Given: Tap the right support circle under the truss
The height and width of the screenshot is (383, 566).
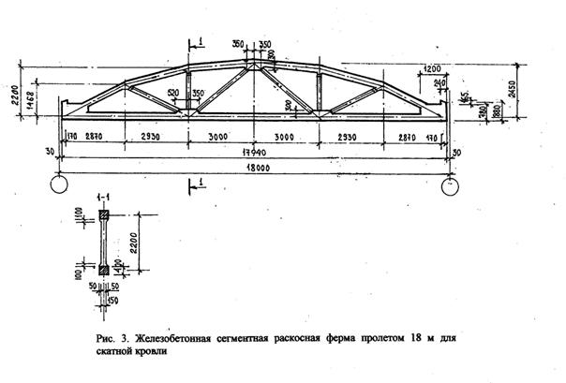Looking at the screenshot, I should pos(449,184).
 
